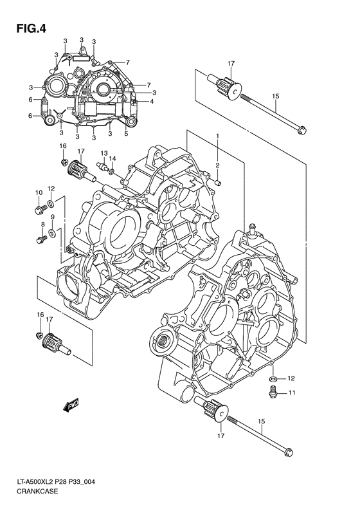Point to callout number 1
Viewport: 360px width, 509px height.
218,136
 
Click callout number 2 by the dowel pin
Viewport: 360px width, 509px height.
218,165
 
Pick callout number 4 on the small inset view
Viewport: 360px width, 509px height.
151,101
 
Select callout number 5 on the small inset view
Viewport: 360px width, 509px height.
126,133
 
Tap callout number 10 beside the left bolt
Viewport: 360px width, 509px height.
39,192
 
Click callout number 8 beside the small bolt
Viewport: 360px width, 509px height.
43,224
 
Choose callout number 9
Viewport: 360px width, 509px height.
52,217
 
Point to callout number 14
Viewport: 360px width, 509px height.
112,158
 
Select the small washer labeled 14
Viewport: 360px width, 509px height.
113,172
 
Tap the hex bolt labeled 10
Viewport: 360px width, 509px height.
40,209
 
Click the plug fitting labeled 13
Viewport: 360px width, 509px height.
100,169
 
